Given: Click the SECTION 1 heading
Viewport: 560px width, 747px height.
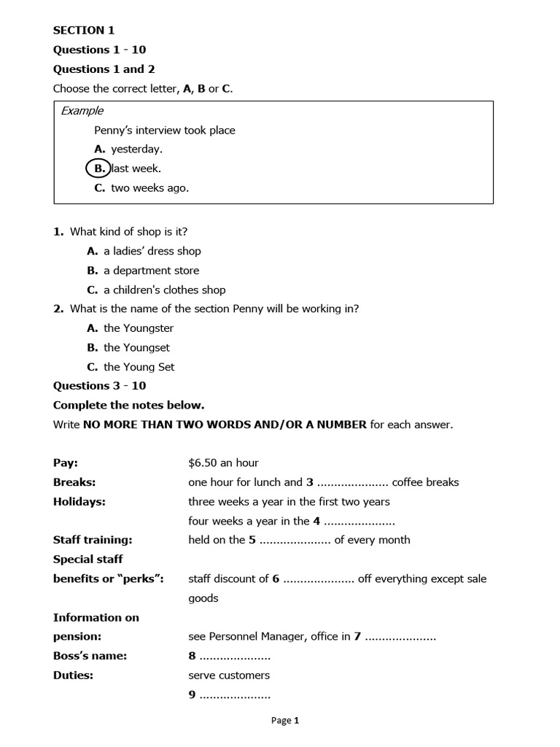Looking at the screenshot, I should (x=84, y=31).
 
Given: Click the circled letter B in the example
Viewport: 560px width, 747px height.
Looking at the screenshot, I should (x=98, y=169).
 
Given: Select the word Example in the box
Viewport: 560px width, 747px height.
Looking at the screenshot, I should (x=82, y=111).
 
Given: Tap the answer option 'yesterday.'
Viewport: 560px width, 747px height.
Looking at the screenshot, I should (x=136, y=150).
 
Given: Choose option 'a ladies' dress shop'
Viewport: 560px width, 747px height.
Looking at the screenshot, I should (x=152, y=251).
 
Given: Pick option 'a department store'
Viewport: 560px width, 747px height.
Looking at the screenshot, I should (x=151, y=271).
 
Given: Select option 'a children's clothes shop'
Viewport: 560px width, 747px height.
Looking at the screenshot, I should (x=164, y=290).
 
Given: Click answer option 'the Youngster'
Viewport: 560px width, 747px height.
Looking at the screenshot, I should (x=139, y=328).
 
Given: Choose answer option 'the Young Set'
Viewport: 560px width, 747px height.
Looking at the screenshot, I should (x=139, y=367).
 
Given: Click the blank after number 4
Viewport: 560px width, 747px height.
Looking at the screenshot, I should (x=359, y=522).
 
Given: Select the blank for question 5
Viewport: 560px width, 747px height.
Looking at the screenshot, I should (x=295, y=541).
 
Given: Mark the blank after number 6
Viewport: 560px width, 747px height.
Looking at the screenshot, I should (x=318, y=579).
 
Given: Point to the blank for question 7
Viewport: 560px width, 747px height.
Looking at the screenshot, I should (x=400, y=638).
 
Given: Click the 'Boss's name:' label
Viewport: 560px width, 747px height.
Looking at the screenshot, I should (x=90, y=656).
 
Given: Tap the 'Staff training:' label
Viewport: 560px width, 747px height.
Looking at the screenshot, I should (x=93, y=540).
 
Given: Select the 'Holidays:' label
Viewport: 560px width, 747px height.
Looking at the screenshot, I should (x=79, y=501).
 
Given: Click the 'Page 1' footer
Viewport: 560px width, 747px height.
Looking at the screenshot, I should (x=285, y=721).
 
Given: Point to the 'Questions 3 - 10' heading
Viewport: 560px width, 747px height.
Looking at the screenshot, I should (x=99, y=386).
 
